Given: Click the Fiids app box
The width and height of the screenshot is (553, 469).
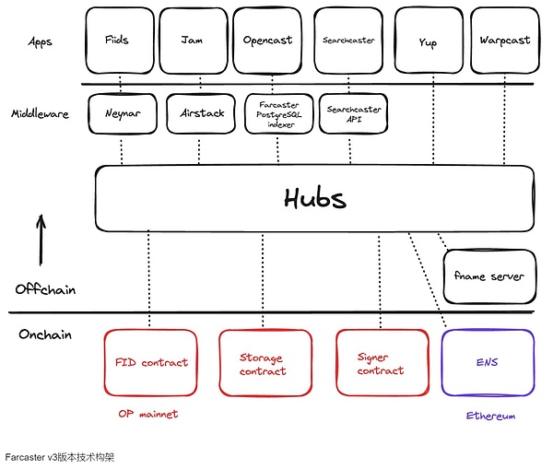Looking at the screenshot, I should (117, 41).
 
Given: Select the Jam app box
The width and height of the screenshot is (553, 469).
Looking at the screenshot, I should (193, 41).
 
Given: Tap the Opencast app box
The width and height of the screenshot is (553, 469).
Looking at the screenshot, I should (267, 41).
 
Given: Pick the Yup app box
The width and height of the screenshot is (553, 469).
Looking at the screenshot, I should (427, 41).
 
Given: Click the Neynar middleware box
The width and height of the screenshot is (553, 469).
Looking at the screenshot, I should (122, 115).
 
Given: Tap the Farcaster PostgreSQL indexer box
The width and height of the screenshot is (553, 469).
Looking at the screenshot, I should (277, 115).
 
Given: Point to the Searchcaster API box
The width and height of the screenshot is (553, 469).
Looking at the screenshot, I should (355, 115).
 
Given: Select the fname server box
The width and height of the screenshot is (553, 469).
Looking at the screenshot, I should (488, 276).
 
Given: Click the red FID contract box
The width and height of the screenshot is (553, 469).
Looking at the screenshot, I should (151, 363).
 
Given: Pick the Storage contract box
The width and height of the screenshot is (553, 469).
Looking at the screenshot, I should (263, 364).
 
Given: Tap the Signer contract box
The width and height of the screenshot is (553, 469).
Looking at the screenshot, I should (380, 364).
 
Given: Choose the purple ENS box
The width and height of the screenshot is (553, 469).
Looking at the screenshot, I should (488, 363).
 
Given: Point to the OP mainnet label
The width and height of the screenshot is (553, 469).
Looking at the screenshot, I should (147, 414).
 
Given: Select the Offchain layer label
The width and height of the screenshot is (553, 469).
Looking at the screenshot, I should (44, 289).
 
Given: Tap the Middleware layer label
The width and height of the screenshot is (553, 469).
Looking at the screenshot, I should (40, 115).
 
